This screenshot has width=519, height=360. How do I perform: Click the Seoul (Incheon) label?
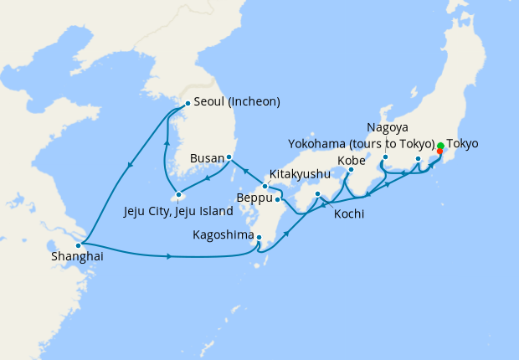tap(237, 102)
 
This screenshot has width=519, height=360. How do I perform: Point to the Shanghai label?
tap(77, 258)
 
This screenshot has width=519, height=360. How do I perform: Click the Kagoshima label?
tap(222, 236)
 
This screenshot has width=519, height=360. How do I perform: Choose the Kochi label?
tap(348, 214)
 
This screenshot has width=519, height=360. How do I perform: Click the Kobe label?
tap(352, 160)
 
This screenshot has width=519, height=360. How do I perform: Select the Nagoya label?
tap(387, 128)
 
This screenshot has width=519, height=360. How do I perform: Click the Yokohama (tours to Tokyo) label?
tap(362, 143)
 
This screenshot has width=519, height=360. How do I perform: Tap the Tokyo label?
tap(463, 144)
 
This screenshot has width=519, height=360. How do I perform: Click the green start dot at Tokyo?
tap(440, 145)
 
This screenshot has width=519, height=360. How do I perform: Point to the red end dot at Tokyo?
tap(439, 152)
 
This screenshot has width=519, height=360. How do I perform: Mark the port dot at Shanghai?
tap(78, 245)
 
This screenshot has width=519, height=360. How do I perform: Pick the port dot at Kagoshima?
tap(259, 237)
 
